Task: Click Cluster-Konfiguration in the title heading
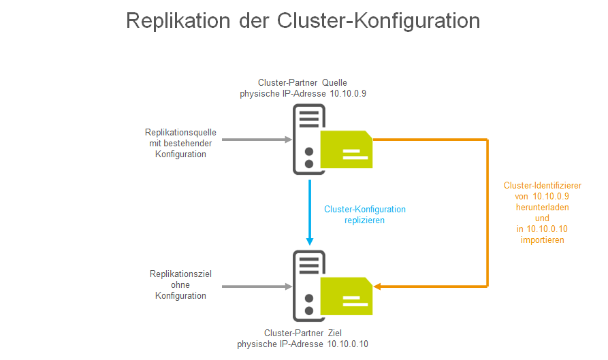[379, 20]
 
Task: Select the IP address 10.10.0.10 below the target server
[347, 344]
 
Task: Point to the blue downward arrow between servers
[310, 212]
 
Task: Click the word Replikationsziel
[180, 274]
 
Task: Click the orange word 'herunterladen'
[542, 207]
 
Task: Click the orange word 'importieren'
[542, 240]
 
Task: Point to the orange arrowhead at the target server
[378, 287]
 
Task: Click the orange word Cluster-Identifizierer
[542, 185]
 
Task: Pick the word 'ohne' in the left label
[180, 284]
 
